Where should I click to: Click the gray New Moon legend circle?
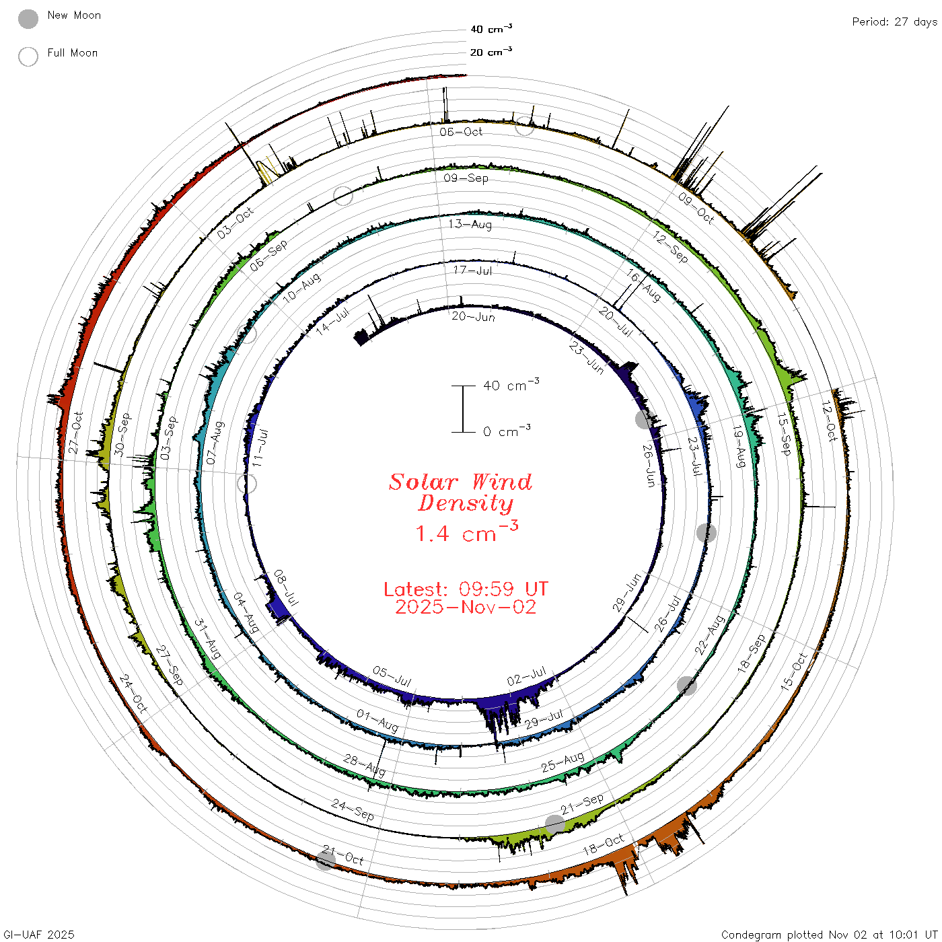(28, 19)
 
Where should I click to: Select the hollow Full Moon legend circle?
(28, 57)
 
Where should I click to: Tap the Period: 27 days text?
(895, 22)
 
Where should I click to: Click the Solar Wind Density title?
(460, 493)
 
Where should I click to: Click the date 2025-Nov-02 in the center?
(466, 607)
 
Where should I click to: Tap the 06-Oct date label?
(460, 131)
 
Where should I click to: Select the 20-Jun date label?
(473, 316)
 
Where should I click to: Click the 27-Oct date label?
(76, 433)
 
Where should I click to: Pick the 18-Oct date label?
(604, 844)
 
